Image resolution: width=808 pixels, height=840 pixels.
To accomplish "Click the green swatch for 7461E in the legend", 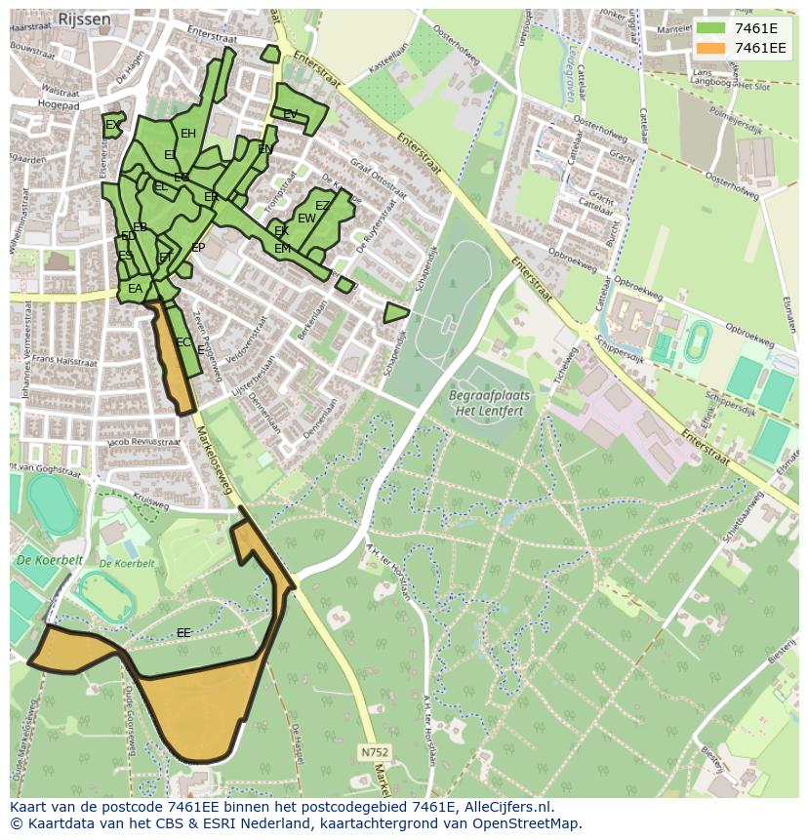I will coord(709,28).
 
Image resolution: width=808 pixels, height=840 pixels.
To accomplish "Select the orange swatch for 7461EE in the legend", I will coord(709,48).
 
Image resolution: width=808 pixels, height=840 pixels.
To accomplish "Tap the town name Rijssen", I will coord(84,19).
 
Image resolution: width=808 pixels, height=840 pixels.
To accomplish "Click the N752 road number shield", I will coord(373,752).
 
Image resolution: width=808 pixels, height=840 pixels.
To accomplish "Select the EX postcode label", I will coord(113,125).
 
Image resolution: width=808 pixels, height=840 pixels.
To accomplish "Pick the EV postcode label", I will coord(290,114).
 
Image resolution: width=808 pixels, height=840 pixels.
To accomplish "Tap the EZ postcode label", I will coord(322,206).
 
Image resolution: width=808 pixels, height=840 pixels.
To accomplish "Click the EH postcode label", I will coord(188,134).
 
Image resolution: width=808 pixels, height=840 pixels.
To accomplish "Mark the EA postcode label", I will coord(136,289).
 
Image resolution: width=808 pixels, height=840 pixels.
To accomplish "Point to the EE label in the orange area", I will coord(183,633).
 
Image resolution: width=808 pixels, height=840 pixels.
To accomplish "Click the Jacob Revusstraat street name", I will coord(144,443).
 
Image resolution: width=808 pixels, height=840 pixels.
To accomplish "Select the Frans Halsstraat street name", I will coord(64,361).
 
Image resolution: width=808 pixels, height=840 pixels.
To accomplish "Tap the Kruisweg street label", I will coord(150,503).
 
